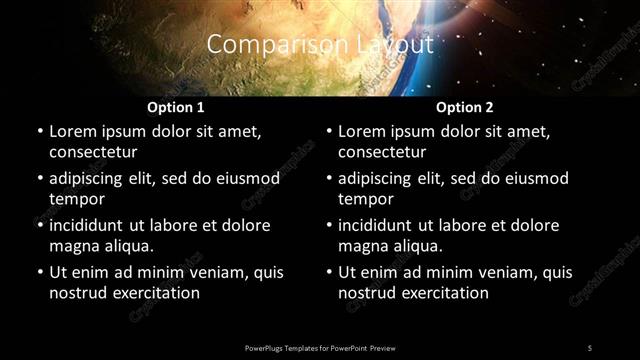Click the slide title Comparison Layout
[320, 45]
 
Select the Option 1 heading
[176, 107]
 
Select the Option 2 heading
[465, 107]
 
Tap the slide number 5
[589, 347]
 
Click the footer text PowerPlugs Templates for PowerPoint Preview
[320, 347]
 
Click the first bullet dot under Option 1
[40, 131]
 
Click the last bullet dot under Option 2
[330, 272]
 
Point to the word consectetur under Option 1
[93, 152]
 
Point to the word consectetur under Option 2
[383, 152]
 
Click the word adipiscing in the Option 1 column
[90, 178]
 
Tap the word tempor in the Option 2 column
[367, 199]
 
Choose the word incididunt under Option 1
[91, 225]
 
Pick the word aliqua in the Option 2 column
[416, 246]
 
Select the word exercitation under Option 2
[443, 293]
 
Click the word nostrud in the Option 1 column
[76, 293]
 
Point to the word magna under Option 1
[74, 246]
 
